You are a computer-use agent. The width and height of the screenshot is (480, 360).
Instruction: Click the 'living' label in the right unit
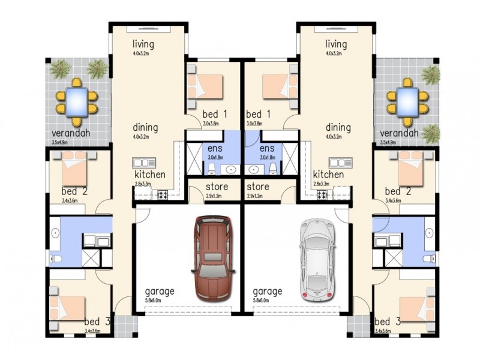pos(336,44)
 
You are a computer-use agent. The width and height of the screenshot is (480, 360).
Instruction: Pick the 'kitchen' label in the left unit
pos(149,175)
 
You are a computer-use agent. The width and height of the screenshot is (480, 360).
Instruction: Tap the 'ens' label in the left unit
pos(215,148)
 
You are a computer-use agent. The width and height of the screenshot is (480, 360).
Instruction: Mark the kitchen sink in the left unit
pos(145,162)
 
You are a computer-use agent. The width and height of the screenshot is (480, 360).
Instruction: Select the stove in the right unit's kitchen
pos(322,194)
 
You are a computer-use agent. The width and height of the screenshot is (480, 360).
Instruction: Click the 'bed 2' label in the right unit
pos(398,192)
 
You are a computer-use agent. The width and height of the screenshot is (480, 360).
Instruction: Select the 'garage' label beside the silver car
pos(267,292)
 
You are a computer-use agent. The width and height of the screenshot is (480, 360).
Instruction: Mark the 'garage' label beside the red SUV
pos(159,292)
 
